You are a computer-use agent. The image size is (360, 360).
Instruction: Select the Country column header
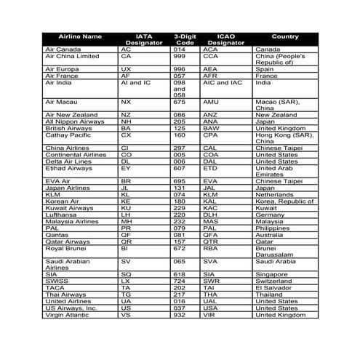pos(285,36)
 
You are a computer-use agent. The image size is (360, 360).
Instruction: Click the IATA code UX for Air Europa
pos(126,69)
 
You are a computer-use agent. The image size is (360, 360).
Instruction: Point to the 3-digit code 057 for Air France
pos(179,76)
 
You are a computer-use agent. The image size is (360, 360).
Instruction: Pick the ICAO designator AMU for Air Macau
pos(211,102)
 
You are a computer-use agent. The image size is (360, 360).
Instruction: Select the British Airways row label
pos(68,128)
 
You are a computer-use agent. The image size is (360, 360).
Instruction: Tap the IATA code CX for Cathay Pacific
pos(126,135)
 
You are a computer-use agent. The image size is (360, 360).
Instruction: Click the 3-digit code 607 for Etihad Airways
pos(179,167)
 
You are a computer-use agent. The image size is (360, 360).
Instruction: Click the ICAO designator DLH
pos(210,215)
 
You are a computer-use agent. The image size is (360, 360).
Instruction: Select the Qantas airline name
pos(57,235)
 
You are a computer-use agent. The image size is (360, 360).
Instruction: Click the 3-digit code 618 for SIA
pos(179,274)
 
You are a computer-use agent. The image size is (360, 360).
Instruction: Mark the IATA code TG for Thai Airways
pos(126,294)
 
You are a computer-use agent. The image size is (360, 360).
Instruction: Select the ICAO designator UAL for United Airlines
pos(210,301)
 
